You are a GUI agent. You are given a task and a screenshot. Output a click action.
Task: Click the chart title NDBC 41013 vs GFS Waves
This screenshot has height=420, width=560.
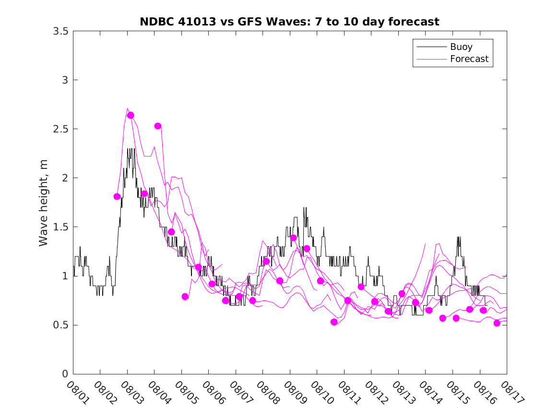coord(289,22)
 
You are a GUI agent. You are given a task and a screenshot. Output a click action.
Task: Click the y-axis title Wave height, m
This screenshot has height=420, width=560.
coord(44,203)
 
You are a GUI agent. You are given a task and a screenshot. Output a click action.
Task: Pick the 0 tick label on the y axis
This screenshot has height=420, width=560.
coord(65,374)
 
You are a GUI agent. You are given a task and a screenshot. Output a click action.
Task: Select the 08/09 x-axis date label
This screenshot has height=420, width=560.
coord(293,392)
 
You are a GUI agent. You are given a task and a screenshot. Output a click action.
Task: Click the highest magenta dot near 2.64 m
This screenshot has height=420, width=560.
coord(131,115)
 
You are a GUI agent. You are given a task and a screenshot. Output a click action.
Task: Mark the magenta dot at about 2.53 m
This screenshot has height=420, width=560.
coord(158,126)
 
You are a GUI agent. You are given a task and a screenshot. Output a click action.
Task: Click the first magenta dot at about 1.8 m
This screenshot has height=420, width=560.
coord(117,196)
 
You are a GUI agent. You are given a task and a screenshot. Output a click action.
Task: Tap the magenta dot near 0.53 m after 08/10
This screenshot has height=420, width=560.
coord(334,322)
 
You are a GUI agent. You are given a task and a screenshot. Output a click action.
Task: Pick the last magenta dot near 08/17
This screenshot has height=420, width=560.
coord(497,323)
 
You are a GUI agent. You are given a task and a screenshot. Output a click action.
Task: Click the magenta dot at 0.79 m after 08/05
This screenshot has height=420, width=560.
coord(185,297)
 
